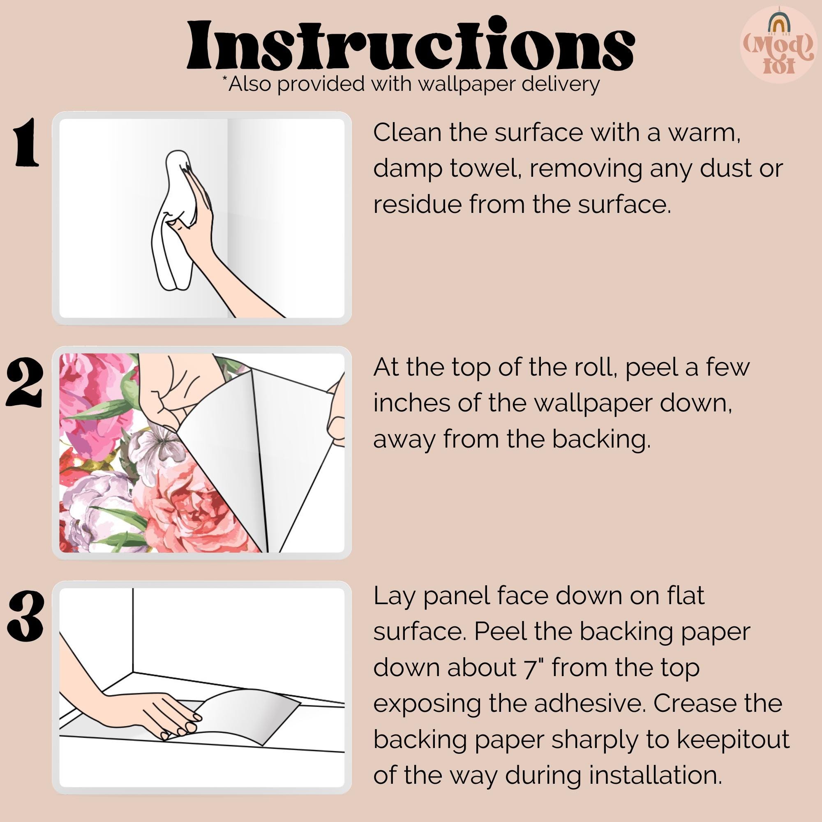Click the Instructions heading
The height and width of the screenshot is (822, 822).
(411, 46)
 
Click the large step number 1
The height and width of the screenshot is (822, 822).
(26, 142)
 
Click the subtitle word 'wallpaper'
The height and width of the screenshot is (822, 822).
(466, 84)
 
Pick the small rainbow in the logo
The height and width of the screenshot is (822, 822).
(778, 23)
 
